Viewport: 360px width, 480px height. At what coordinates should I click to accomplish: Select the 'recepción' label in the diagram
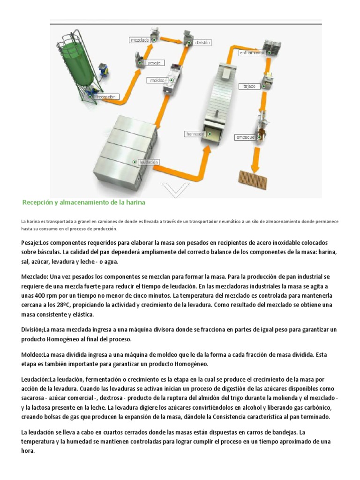pyautogui.click(x=105, y=97)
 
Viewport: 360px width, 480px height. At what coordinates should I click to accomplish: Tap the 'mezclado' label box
pyautogui.click(x=139, y=41)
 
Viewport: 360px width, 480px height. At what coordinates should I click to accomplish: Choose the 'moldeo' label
pyautogui.click(x=157, y=80)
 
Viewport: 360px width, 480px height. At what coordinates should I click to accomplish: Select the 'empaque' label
pyautogui.click(x=245, y=137)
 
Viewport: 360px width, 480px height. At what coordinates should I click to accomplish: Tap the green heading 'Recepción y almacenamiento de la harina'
pyautogui.click(x=84, y=202)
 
